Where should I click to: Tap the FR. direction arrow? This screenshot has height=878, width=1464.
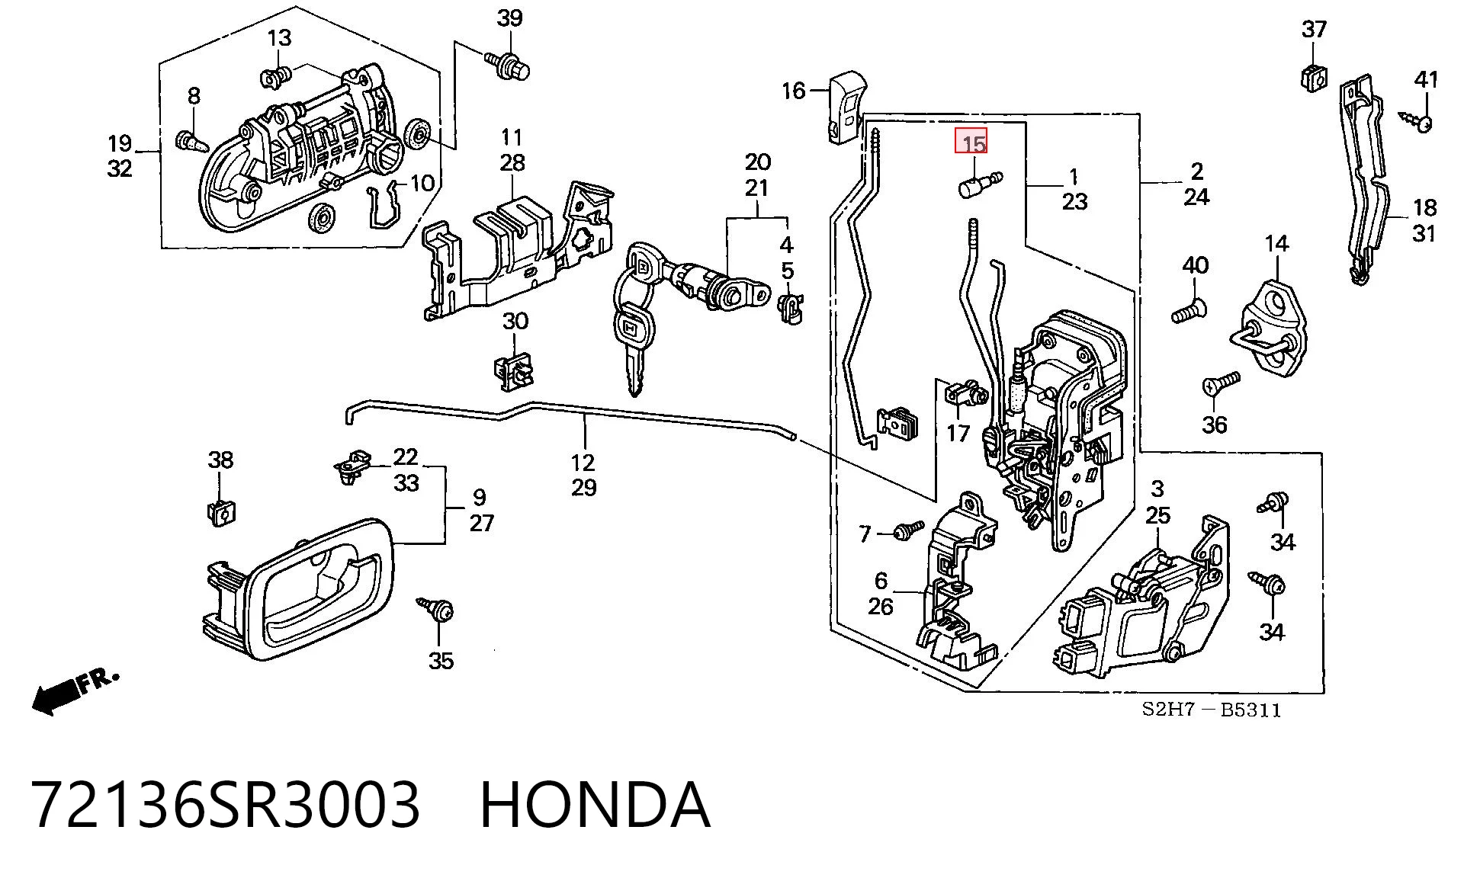[x=75, y=691]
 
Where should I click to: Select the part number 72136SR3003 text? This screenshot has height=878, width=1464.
[x=226, y=805]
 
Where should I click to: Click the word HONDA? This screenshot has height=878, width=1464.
[x=595, y=805]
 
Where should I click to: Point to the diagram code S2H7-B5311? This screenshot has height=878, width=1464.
[x=1211, y=710]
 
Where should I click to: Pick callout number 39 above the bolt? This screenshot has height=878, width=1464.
[x=509, y=18]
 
